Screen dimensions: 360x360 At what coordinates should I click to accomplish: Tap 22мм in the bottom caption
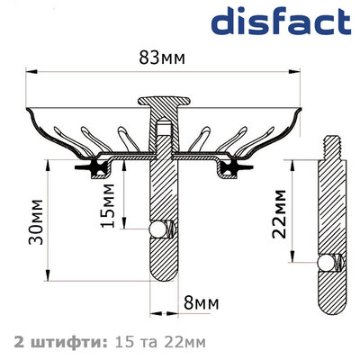(187, 341)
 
